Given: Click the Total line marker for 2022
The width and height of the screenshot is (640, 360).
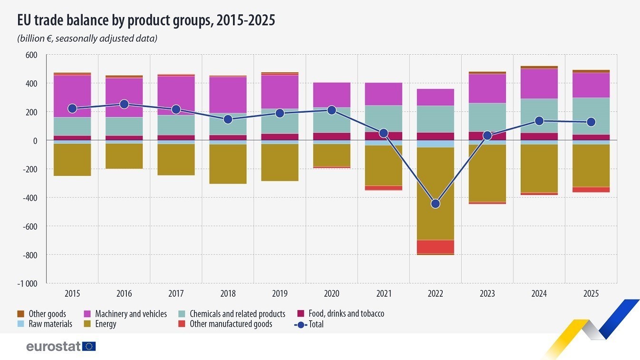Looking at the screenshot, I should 435,204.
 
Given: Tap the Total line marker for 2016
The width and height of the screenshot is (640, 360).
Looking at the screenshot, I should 124,104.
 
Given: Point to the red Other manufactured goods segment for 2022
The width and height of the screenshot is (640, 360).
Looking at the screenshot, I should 435,247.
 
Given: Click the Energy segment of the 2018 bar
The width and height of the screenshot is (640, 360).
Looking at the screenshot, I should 228,164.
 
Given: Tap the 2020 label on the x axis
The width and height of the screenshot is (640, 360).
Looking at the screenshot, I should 331,293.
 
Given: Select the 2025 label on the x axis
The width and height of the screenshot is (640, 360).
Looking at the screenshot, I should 591,293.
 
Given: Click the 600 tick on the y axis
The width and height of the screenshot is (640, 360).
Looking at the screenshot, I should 31,55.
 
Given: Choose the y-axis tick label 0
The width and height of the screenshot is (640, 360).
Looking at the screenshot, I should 35,141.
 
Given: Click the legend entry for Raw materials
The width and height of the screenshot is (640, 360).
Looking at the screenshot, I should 50,324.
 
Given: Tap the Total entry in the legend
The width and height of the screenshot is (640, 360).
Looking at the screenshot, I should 316,324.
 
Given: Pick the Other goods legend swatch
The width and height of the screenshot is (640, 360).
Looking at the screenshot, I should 20,314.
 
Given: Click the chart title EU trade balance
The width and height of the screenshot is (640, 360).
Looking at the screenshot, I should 146,20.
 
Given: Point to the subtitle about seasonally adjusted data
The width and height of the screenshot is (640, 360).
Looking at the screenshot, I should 87,39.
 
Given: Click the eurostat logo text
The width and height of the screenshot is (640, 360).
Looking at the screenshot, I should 54,346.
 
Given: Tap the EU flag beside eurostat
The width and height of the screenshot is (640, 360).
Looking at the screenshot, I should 89,346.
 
